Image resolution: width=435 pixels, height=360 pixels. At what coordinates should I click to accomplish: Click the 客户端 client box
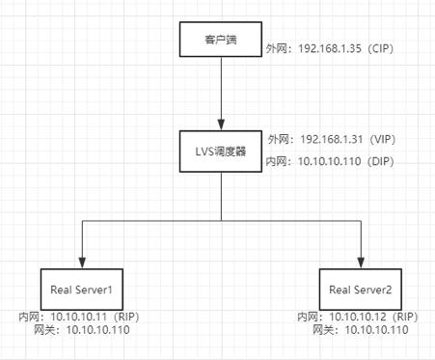pos(221,40)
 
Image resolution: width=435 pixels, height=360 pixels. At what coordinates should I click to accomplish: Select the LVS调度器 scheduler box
pos(221,152)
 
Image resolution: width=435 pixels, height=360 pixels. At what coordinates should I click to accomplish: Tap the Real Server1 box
pos(82,290)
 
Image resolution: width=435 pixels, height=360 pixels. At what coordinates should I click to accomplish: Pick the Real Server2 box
pos(361,290)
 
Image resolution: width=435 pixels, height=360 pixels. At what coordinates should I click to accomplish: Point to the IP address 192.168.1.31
pos(332,139)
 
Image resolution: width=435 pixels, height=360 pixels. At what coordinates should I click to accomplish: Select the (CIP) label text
pos(381,48)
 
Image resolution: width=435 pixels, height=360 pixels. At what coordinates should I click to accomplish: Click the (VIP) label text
pos(382,139)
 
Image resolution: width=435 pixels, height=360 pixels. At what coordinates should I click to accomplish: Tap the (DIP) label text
pos(381,161)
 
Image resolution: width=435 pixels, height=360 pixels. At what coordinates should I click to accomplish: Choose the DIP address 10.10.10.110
pos(330,161)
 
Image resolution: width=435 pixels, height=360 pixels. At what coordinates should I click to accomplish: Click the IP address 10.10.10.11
pos(79,317)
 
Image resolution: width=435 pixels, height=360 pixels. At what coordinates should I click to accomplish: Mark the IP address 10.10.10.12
pos(358,317)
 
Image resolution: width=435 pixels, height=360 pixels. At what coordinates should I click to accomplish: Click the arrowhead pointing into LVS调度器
pos(221,125)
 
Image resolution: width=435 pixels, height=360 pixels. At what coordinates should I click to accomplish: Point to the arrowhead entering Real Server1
pos(82,263)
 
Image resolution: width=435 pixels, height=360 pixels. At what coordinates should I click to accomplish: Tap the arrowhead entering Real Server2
pos(361,263)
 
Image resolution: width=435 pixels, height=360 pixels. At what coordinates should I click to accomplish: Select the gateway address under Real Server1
pos(98,330)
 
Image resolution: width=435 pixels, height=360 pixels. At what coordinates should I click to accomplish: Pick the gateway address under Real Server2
pos(377,330)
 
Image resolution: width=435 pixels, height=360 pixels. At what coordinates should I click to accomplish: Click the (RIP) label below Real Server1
pos(126,317)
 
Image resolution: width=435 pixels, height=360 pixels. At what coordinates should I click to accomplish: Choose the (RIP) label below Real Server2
pos(405,317)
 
